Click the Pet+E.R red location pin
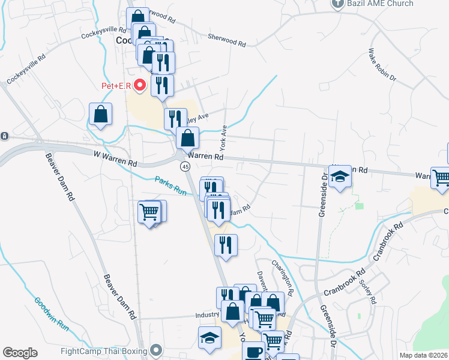pyautogui.click(x=140, y=85)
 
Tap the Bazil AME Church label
pyautogui.click(x=375, y=4)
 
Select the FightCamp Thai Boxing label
pyautogui.click(x=106, y=350)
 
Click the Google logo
pyautogui.click(x=20, y=353)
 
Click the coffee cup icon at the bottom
pyautogui.click(x=253, y=352)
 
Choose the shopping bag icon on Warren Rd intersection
pyautogui.click(x=188, y=139)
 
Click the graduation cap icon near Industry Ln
pyautogui.click(x=209, y=337)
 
